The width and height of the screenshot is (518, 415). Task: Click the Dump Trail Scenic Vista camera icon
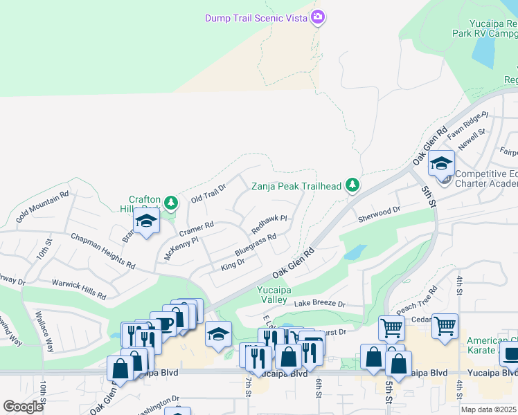point(318,17)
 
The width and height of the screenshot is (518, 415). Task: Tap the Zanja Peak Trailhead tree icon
point(352,185)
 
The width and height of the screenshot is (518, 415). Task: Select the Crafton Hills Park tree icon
point(172,203)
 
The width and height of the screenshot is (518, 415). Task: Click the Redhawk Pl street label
point(269,223)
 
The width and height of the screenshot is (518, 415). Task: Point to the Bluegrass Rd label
point(256,244)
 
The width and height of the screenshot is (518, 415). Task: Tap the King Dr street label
point(233,263)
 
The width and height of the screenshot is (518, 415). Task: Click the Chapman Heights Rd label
point(103,250)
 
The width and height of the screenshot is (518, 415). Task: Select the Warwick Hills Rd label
point(79,289)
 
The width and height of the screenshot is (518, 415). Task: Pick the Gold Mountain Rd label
point(42,205)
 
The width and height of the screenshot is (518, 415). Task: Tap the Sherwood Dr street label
point(379,214)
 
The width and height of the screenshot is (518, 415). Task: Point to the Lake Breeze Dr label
point(319,304)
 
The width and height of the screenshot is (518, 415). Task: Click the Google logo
point(23,407)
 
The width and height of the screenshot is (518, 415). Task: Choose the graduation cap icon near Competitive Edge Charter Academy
point(440,165)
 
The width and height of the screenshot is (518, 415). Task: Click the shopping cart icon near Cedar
point(445,325)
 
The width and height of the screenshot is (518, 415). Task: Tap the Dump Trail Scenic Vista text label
point(256,18)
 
